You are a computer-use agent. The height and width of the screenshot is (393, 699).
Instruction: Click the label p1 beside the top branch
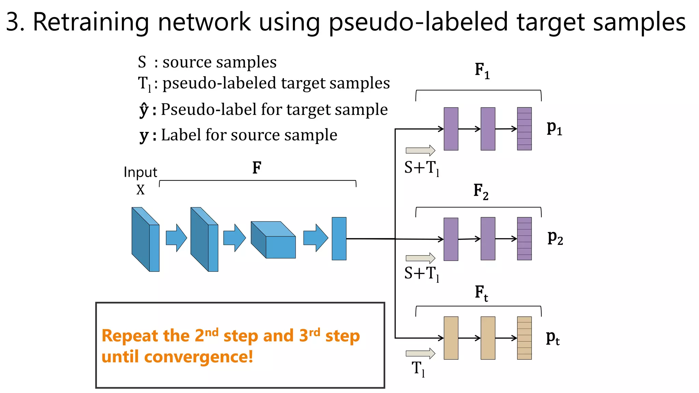[554, 128]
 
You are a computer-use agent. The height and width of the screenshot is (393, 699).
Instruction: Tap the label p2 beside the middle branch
[555, 238]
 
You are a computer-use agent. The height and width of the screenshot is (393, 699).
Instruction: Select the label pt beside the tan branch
[553, 338]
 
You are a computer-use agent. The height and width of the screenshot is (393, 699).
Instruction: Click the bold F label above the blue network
[257, 168]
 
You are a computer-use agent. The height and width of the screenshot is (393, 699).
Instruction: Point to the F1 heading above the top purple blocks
[482, 71]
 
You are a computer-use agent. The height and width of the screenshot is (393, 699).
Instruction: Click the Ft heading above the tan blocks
[481, 293]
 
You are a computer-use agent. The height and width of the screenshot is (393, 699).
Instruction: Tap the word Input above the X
[140, 172]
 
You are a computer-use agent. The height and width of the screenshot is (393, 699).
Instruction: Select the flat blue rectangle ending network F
[339, 238]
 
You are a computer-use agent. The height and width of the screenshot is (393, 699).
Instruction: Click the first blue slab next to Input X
[145, 239]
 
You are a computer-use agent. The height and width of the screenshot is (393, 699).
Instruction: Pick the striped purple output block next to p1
[524, 129]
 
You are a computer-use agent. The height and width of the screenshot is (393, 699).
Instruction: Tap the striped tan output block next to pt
[524, 338]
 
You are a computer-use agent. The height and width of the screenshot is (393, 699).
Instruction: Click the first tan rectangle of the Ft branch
[451, 338]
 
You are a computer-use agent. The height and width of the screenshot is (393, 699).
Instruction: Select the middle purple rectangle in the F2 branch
[488, 238]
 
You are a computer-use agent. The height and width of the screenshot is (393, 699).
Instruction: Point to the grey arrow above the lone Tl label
[420, 353]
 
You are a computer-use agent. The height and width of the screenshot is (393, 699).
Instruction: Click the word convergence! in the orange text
[198, 357]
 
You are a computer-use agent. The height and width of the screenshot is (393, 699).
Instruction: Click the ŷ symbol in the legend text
[144, 110]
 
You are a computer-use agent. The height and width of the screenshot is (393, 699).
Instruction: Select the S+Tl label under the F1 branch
[422, 168]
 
